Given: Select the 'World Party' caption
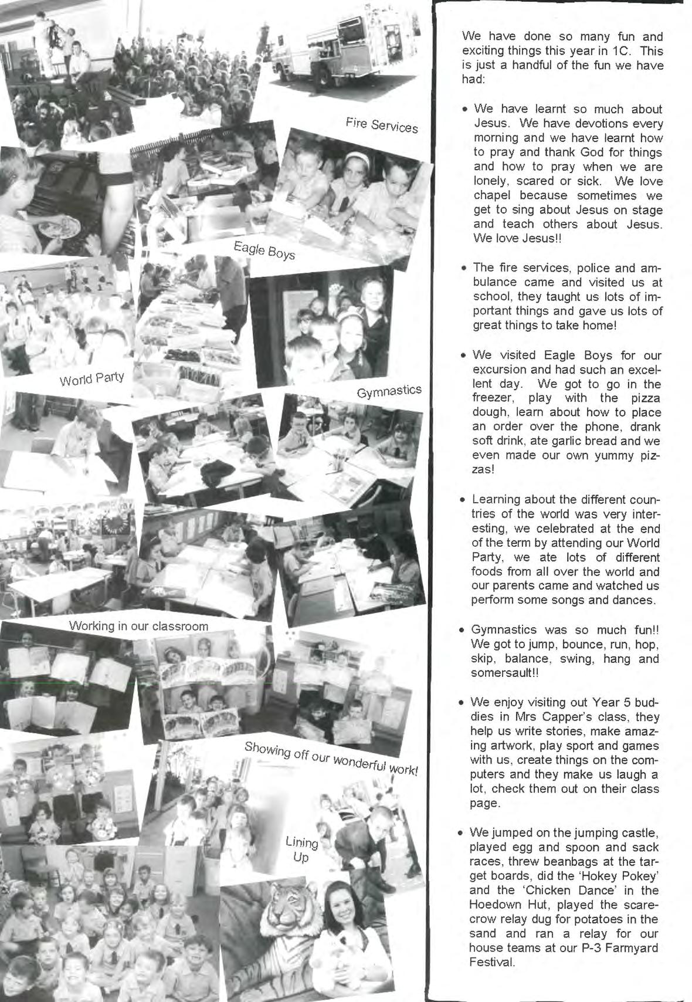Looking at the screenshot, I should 92,378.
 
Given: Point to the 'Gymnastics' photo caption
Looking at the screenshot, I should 389,391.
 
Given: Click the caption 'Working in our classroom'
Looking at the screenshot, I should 138,626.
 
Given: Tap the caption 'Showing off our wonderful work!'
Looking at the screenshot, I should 331,759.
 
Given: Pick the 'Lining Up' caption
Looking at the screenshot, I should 301,849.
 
